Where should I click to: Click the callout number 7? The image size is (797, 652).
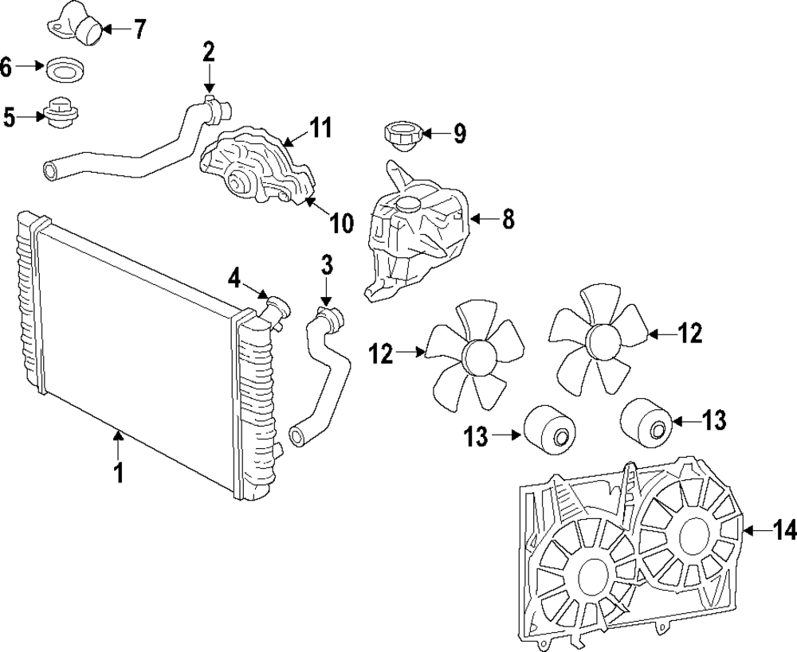coord(139,30)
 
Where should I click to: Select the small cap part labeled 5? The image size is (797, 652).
coord(60,113)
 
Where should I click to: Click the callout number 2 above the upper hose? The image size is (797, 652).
coord(208,53)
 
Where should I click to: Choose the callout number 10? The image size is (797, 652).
coord(341,223)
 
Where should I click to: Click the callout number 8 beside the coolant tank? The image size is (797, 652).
coord(508,219)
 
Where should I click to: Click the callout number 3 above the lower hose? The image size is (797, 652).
coord(326,264)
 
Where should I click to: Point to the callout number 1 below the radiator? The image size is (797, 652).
coord(118,473)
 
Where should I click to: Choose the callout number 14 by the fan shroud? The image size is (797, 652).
coord(783,529)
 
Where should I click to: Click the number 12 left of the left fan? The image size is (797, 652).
coord(382,353)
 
